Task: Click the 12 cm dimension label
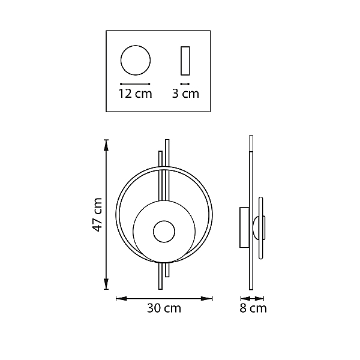click(x=135, y=94)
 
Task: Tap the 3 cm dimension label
click(x=185, y=94)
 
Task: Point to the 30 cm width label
click(x=164, y=308)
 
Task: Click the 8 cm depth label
click(x=253, y=308)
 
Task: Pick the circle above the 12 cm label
click(x=136, y=46)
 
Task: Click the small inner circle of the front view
click(x=164, y=221)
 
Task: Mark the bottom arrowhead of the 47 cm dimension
click(x=106, y=284)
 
